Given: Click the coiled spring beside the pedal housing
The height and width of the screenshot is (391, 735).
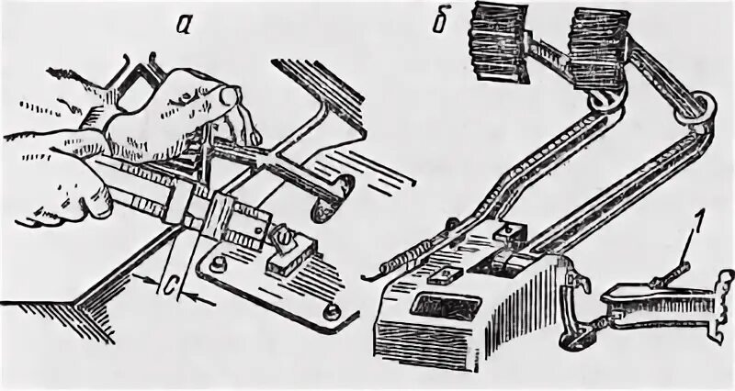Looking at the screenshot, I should (404, 257).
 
